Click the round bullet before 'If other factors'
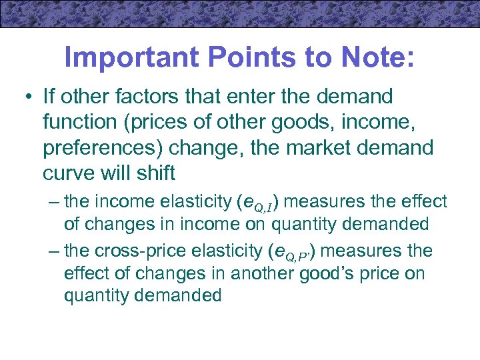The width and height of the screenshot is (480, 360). click(x=25, y=97)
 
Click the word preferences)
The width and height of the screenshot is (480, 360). click(x=103, y=148)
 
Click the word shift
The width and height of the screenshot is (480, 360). click(x=155, y=173)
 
